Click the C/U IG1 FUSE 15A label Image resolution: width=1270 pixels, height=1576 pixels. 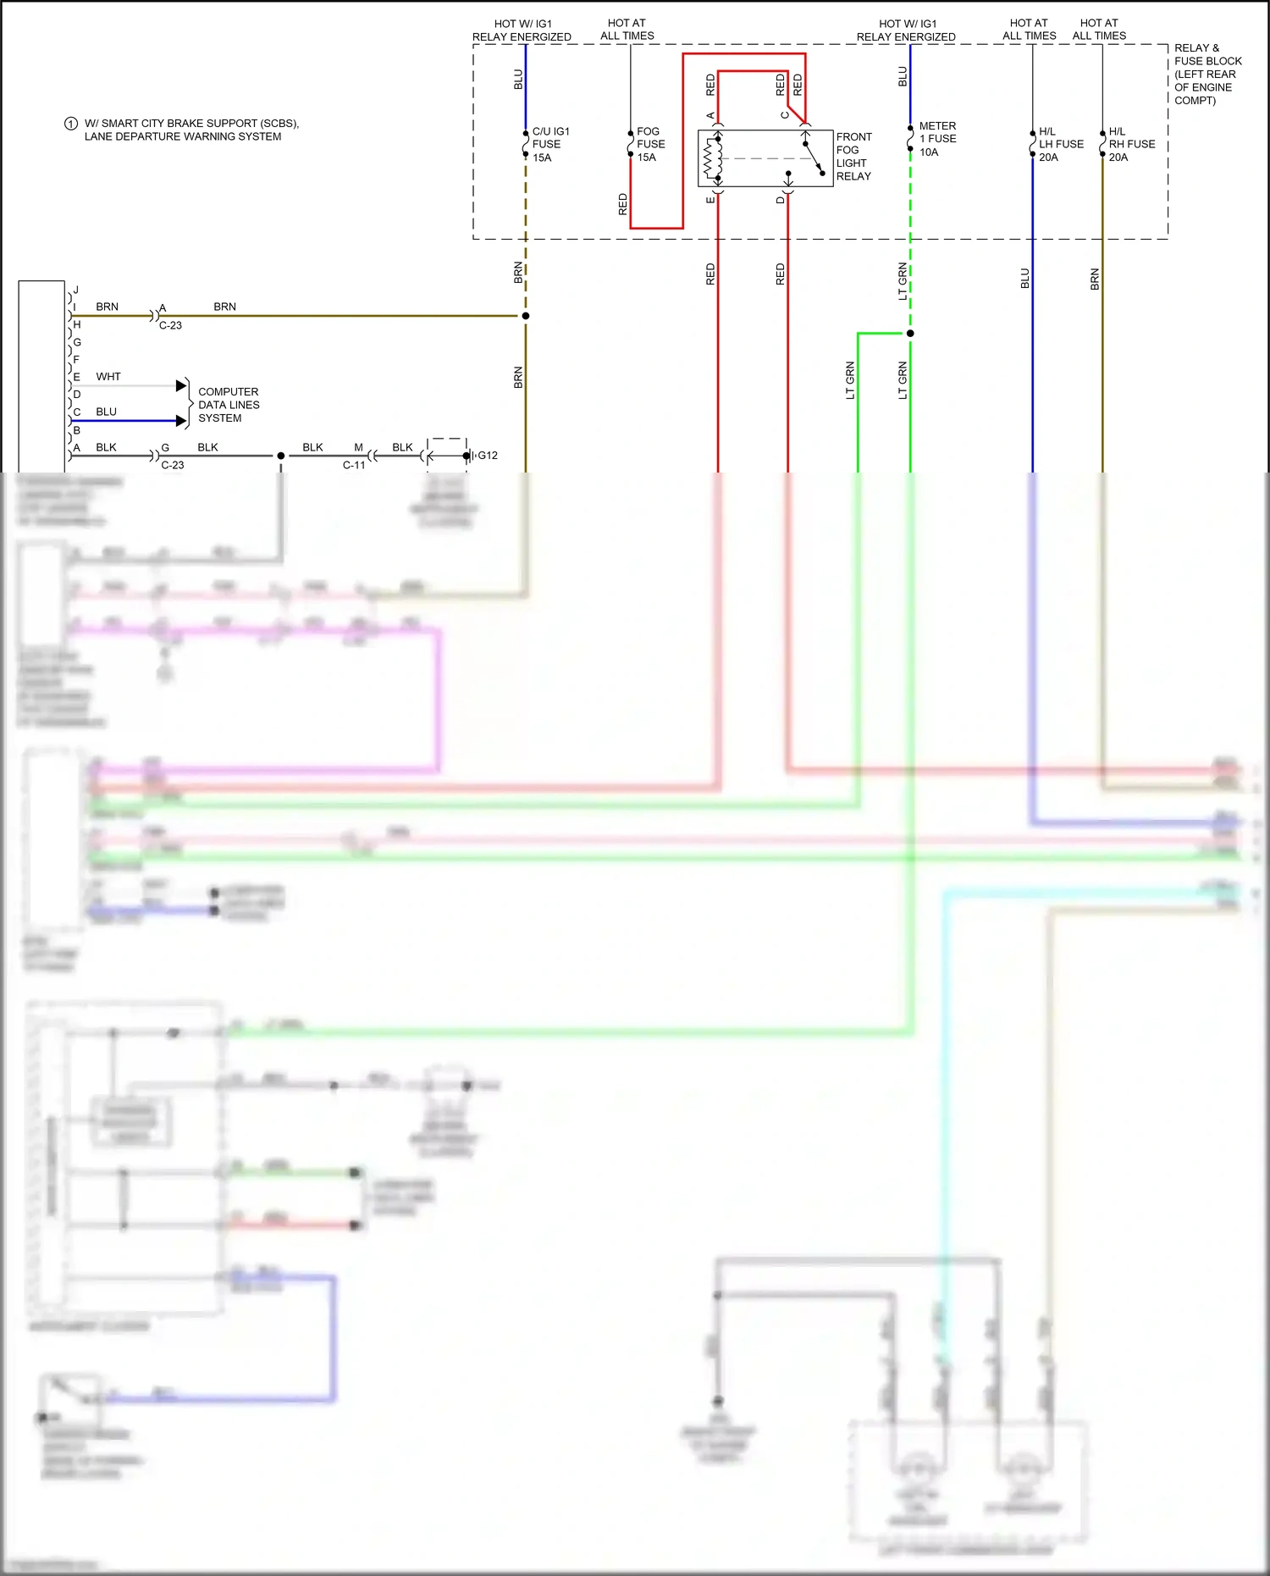tap(549, 145)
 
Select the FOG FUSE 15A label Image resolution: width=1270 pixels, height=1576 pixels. tap(650, 145)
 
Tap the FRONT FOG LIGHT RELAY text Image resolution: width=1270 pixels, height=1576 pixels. tap(853, 157)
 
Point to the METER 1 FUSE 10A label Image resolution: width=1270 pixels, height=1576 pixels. tap(937, 139)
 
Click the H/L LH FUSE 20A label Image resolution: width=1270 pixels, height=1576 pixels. tap(1060, 145)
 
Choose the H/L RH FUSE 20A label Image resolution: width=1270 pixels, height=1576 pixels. tap(1131, 145)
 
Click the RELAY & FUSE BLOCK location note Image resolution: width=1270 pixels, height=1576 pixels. tap(1206, 75)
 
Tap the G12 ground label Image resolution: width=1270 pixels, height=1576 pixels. tap(488, 456)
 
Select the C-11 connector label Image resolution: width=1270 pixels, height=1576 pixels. tap(354, 465)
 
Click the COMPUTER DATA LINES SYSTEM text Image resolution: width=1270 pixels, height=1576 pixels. tap(229, 405)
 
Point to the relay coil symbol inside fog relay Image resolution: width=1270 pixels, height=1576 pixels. tap(714, 158)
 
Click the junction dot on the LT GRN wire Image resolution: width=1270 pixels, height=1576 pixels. tap(910, 334)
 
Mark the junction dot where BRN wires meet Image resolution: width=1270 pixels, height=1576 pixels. tap(526, 316)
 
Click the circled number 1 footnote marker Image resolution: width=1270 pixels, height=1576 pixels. tap(71, 124)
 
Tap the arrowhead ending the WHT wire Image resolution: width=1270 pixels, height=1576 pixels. tap(181, 386)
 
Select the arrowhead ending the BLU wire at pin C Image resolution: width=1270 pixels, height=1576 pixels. tap(181, 421)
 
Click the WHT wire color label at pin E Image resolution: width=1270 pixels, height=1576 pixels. tap(108, 377)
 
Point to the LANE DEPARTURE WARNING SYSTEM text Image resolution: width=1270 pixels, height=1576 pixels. tap(183, 136)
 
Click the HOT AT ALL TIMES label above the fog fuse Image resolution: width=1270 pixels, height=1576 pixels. tap(627, 30)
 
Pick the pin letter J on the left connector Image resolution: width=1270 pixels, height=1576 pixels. tap(76, 290)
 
